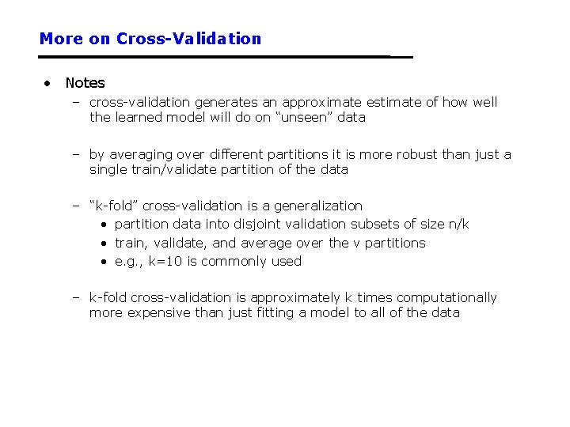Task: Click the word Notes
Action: pos(85,83)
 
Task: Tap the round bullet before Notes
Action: pos(49,82)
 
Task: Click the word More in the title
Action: pos(61,39)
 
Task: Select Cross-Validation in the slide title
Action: pos(188,39)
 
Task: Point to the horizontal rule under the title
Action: pos(226,57)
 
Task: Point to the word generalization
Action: pos(321,206)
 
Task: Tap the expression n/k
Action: pos(458,225)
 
